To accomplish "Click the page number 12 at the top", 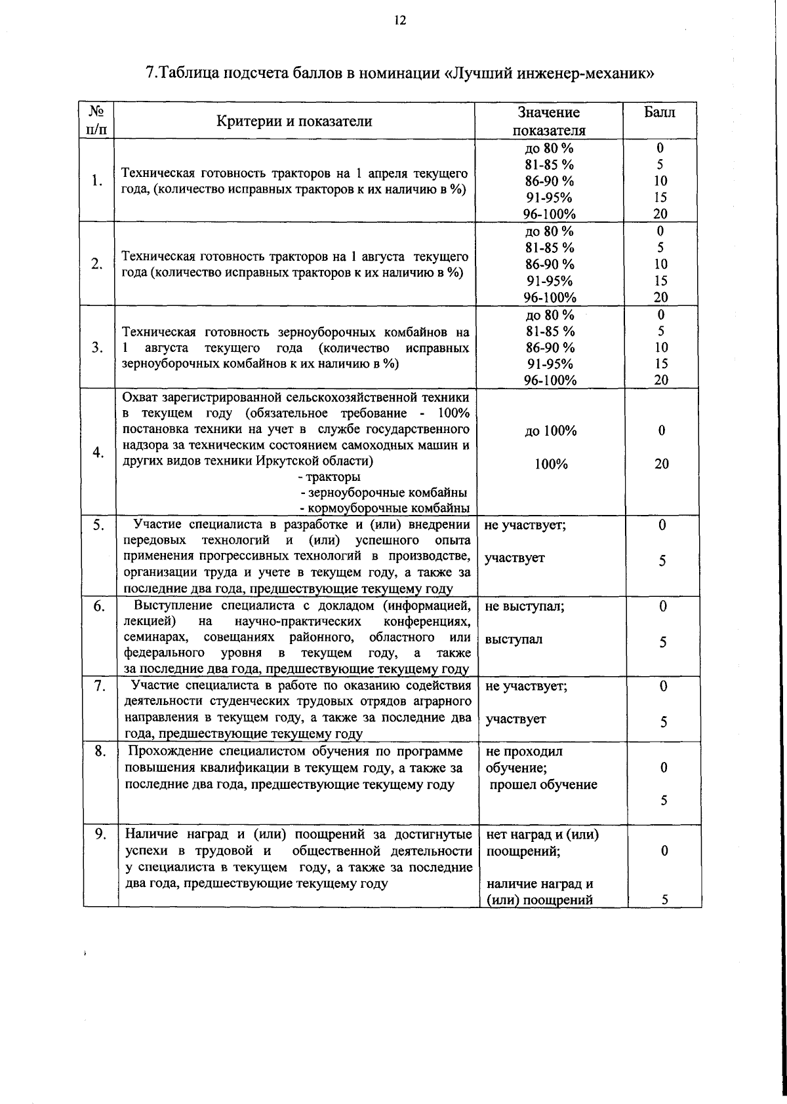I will click(400, 20).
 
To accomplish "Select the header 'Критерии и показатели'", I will click(294, 121).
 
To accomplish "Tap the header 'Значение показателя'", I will click(549, 121).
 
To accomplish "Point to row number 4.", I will click(97, 453).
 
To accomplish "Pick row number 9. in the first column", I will click(100, 835).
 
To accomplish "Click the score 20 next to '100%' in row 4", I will click(662, 465).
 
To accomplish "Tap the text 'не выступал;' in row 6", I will click(525, 607).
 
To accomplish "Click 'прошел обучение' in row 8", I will click(544, 785).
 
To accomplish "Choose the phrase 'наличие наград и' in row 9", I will click(540, 884).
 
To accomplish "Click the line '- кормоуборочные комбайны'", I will click(384, 508).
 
